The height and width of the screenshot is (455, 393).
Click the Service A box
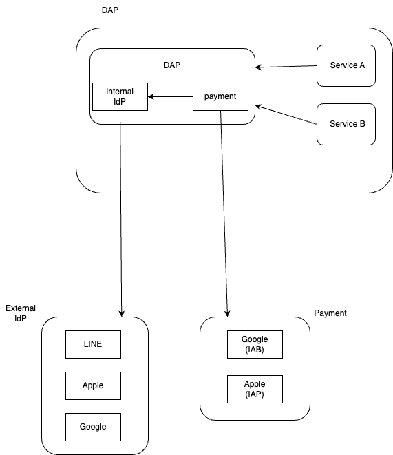click(x=346, y=65)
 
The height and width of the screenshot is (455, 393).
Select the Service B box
click(x=346, y=124)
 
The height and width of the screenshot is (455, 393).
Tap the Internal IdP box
click(x=120, y=96)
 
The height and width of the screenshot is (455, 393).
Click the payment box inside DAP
click(x=220, y=96)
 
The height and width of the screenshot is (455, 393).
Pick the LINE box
click(x=93, y=344)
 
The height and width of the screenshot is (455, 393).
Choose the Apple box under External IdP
click(x=93, y=385)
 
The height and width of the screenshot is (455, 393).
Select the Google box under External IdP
click(x=93, y=427)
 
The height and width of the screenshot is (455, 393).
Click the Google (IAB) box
click(x=255, y=344)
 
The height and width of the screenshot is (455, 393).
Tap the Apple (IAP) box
click(x=255, y=389)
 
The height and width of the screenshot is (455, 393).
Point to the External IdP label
click(x=21, y=313)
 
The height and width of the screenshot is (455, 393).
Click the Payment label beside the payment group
click(x=330, y=313)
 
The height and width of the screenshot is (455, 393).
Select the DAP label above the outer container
click(x=110, y=10)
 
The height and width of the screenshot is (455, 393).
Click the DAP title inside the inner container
click(x=172, y=65)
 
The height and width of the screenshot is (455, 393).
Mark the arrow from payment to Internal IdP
click(x=170, y=96)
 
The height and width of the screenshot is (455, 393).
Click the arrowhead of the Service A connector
click(x=258, y=67)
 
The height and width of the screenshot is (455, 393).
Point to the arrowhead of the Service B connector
click(x=258, y=107)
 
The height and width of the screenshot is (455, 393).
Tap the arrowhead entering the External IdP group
click(x=122, y=314)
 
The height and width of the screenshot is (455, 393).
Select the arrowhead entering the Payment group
click(x=227, y=314)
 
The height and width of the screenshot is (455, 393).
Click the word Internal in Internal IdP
click(x=120, y=92)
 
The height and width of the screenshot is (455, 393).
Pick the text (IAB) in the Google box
click(x=255, y=350)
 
